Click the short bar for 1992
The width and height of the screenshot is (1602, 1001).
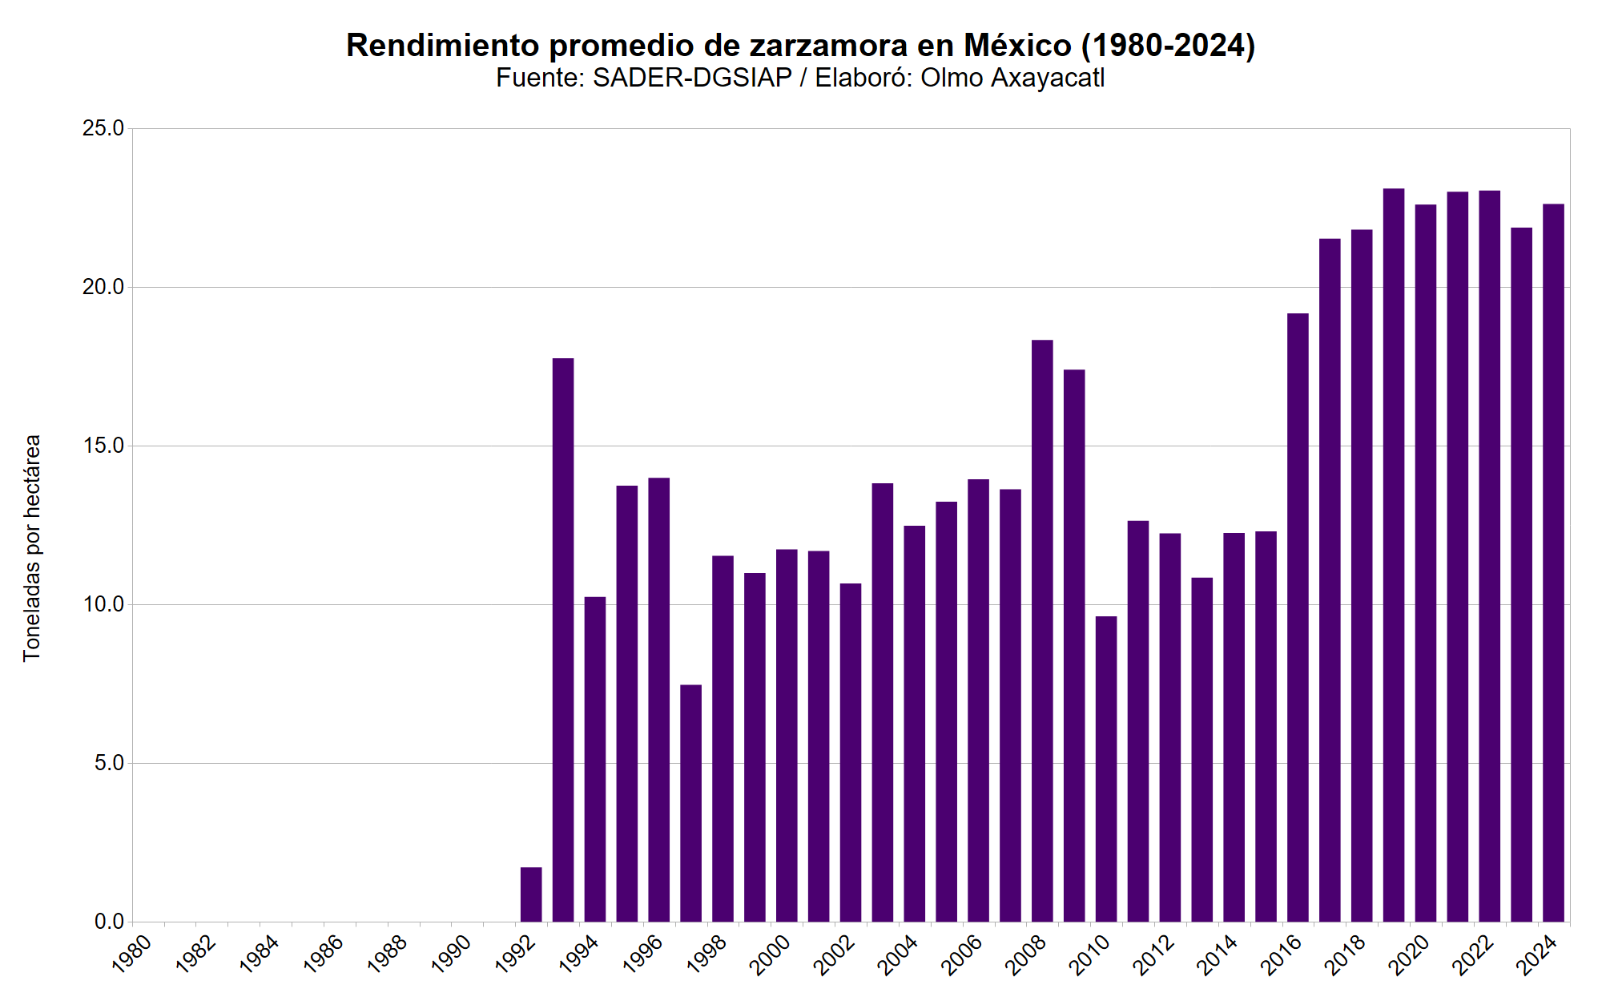pos(531,894)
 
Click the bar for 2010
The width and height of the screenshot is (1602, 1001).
pos(1106,769)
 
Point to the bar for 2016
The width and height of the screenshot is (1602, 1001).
pos(1298,617)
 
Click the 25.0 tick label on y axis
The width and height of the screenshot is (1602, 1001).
pos(103,128)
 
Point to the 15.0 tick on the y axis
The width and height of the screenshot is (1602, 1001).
pos(103,446)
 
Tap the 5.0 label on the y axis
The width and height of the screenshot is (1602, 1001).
pos(109,763)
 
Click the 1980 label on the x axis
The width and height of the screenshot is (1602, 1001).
pos(132,955)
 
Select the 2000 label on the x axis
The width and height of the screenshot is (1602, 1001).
pos(771,955)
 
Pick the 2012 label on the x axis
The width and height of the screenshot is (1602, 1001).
pos(1154,955)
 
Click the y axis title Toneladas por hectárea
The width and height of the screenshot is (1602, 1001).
pos(32,548)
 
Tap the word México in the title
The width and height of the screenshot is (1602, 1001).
pos(1017,46)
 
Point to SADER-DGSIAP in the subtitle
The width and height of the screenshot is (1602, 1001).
pos(692,78)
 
